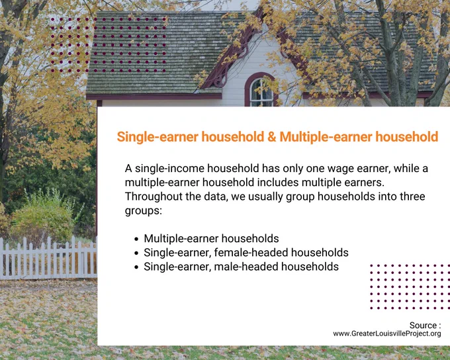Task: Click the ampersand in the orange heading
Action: (x=271, y=136)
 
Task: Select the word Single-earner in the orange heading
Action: (x=157, y=137)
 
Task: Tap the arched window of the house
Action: (x=261, y=90)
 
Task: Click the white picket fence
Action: (x=48, y=257)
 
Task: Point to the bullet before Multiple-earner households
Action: (x=136, y=239)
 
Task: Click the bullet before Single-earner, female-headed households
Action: (x=136, y=253)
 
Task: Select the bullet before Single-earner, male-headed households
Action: (x=136, y=267)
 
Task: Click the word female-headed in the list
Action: (x=251, y=253)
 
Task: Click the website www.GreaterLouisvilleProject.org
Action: (x=387, y=334)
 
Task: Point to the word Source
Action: (x=423, y=326)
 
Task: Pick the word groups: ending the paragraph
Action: (x=144, y=211)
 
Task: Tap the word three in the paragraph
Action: (x=411, y=197)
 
